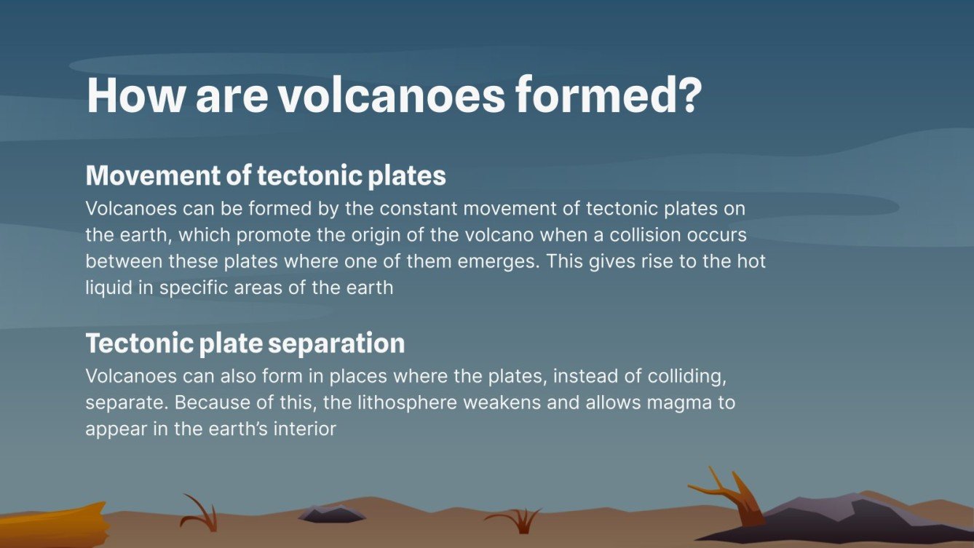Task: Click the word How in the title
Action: [x=132, y=95]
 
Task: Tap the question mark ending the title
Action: [x=686, y=95]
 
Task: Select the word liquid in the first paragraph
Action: [x=105, y=287]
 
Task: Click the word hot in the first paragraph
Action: [x=751, y=261]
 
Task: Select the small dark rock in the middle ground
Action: [x=331, y=515]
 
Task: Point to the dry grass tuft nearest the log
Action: [x=200, y=515]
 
